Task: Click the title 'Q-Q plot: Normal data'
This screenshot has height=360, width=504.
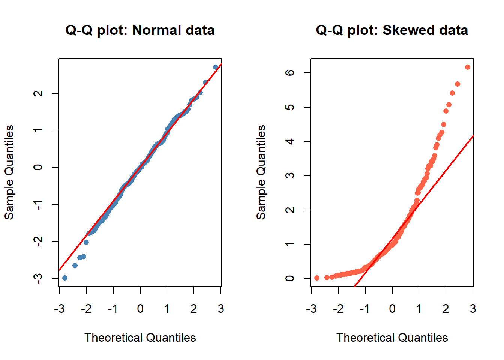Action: (140, 30)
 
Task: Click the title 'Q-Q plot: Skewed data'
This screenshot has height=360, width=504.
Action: (392, 30)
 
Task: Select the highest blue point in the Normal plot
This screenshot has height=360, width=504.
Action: (216, 67)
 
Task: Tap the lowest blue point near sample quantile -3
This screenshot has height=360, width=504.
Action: (65, 278)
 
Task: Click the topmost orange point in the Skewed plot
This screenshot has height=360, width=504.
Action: (468, 67)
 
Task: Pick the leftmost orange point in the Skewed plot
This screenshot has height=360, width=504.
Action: (317, 278)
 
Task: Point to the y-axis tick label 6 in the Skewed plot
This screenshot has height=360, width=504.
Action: (290, 72)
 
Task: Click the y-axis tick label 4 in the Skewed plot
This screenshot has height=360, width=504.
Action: (290, 141)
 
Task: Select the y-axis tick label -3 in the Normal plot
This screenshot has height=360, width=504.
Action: (37, 278)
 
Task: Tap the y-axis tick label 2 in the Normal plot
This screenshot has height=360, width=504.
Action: (38, 93)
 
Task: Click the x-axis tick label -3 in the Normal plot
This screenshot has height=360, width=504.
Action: (59, 309)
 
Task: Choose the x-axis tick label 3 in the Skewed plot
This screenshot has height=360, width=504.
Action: (473, 309)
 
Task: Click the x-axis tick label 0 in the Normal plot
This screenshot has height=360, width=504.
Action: (140, 309)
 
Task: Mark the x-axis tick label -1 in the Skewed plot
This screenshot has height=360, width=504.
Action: (364, 309)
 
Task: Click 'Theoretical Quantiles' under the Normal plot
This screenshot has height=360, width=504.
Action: (140, 337)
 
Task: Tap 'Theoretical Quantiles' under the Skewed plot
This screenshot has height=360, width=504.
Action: (392, 337)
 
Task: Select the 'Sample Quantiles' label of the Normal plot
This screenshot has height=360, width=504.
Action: (9, 172)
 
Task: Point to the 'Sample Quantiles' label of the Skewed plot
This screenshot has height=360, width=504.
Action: (261, 172)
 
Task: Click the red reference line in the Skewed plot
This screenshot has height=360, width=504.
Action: (450, 165)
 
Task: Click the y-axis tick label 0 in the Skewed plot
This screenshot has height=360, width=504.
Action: (290, 278)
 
